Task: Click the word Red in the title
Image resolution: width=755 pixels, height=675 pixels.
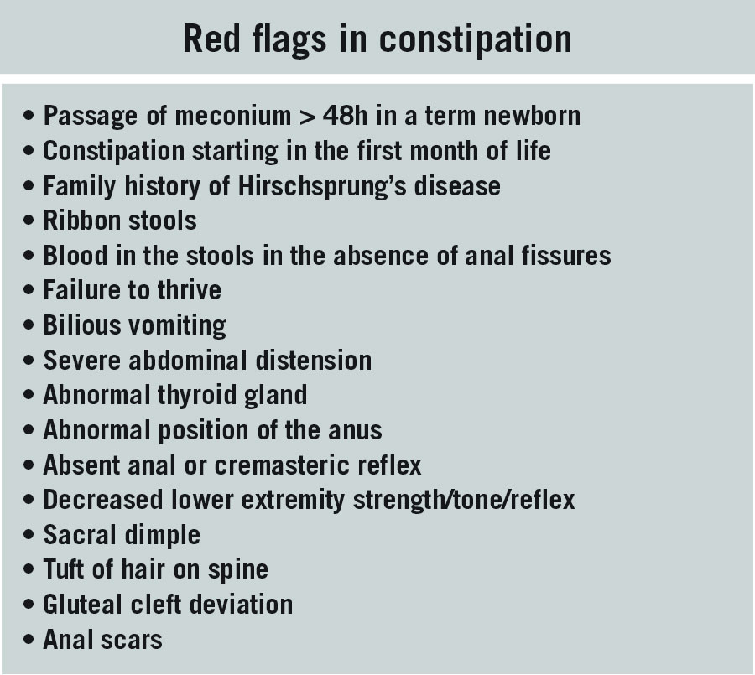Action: (211, 39)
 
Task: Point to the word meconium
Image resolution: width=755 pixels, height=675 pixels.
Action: (232, 116)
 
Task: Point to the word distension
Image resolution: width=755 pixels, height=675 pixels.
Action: (313, 360)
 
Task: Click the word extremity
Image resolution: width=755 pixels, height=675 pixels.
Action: (293, 501)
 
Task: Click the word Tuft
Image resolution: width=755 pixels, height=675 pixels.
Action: (64, 569)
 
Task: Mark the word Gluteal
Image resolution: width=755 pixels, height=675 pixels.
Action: (82, 605)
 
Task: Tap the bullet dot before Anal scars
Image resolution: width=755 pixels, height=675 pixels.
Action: (29, 640)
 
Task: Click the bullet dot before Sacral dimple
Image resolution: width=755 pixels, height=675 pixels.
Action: (29, 534)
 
